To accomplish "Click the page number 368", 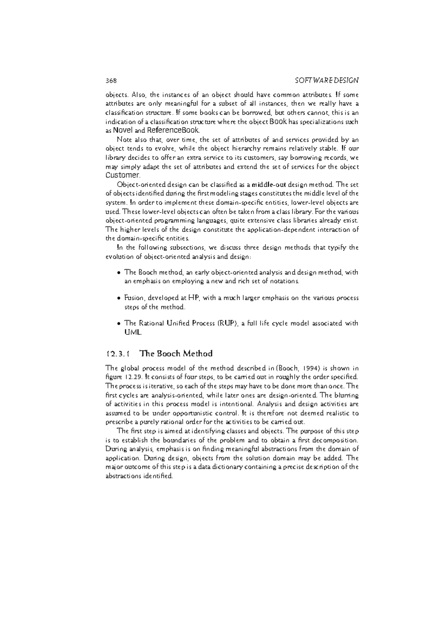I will click(111, 81).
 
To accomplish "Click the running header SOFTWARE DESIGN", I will click(326, 81).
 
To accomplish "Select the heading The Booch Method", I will click(176, 353).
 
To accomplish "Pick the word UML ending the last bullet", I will click(133, 332).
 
